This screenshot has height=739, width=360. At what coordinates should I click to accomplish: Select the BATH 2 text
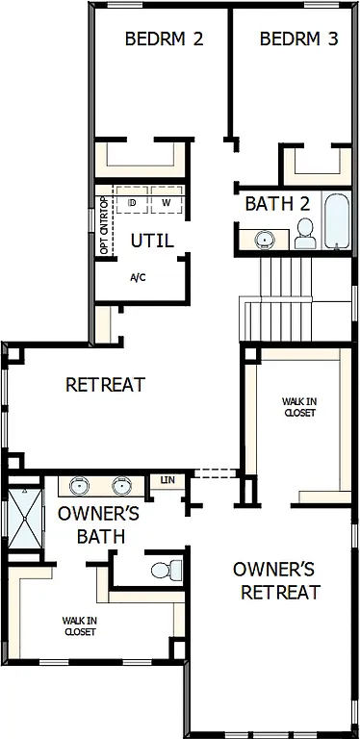[277, 204]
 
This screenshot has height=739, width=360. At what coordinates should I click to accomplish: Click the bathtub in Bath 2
[336, 222]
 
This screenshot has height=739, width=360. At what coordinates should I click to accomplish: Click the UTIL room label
[152, 241]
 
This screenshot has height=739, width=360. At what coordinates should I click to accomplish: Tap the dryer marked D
[134, 203]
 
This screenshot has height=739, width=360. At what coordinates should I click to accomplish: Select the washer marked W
[166, 203]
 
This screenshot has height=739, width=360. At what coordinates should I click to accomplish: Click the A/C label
[139, 277]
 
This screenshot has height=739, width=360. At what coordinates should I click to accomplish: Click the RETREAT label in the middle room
[105, 385]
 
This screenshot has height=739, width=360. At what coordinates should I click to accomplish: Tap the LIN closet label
[167, 479]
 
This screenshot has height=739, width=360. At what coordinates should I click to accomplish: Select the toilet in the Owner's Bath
[165, 570]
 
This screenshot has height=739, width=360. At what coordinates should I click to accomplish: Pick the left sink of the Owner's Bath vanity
[78, 485]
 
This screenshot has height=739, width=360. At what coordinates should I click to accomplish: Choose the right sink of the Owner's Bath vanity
[122, 485]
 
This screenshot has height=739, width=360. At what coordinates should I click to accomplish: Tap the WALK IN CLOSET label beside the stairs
[299, 406]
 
